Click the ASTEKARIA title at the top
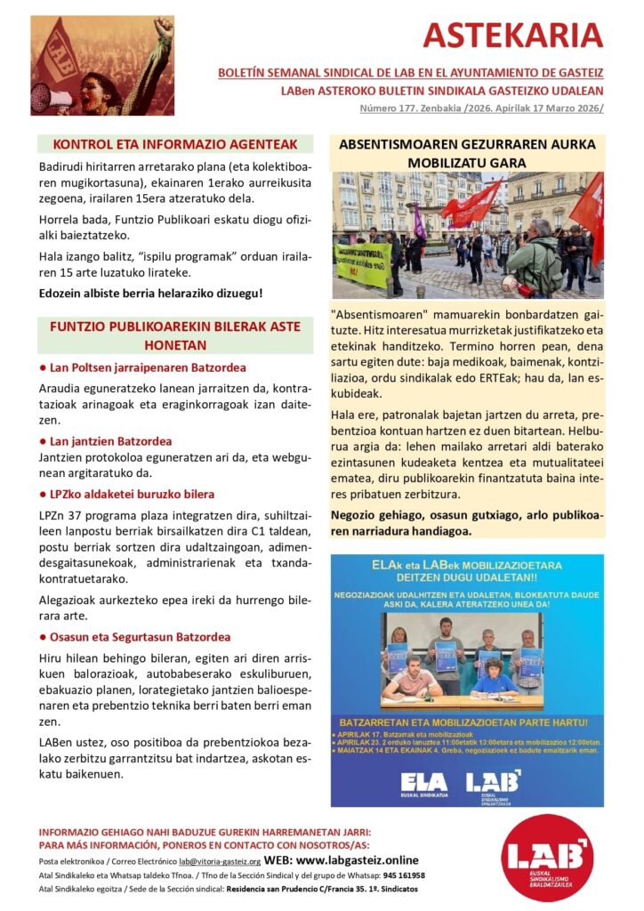click(x=512, y=36)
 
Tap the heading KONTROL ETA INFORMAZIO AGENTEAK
click(x=174, y=144)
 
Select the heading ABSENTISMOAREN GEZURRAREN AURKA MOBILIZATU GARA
click(x=467, y=153)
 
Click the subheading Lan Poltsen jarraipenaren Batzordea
click(x=147, y=367)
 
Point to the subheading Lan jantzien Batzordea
click(x=110, y=440)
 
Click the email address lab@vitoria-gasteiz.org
click(x=219, y=862)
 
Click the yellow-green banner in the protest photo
click(x=362, y=264)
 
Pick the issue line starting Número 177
click(x=481, y=109)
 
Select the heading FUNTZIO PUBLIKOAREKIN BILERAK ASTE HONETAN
click(x=174, y=335)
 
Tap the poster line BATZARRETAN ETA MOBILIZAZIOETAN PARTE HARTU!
click(x=466, y=722)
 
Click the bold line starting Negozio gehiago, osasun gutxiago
click(x=467, y=523)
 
